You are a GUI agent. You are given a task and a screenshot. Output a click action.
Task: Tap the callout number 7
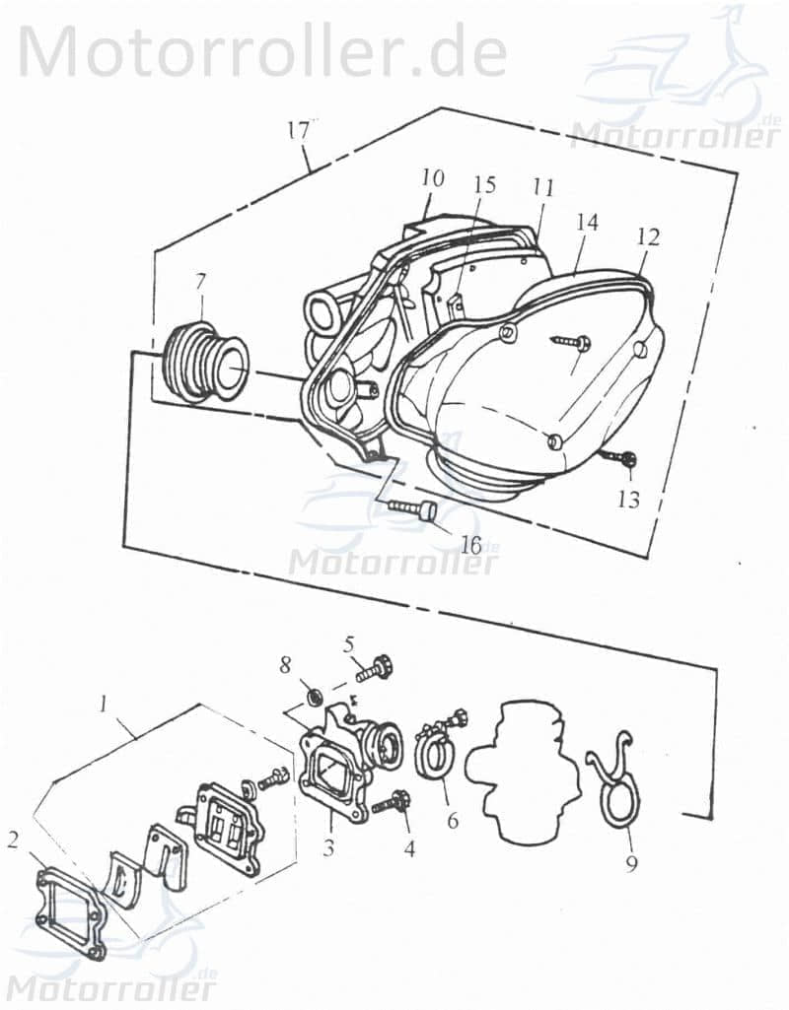[200, 281]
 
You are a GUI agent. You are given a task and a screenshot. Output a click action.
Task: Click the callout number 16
[470, 545]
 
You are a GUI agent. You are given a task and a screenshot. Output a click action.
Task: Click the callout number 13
[628, 500]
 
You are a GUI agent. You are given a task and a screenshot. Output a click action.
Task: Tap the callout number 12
[649, 237]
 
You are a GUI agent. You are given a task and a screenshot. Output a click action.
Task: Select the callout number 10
[432, 178]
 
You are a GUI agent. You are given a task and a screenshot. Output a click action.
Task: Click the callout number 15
[484, 184]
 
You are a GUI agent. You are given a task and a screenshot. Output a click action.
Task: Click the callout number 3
[328, 846]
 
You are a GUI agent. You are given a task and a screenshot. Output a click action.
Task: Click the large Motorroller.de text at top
[262, 51]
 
